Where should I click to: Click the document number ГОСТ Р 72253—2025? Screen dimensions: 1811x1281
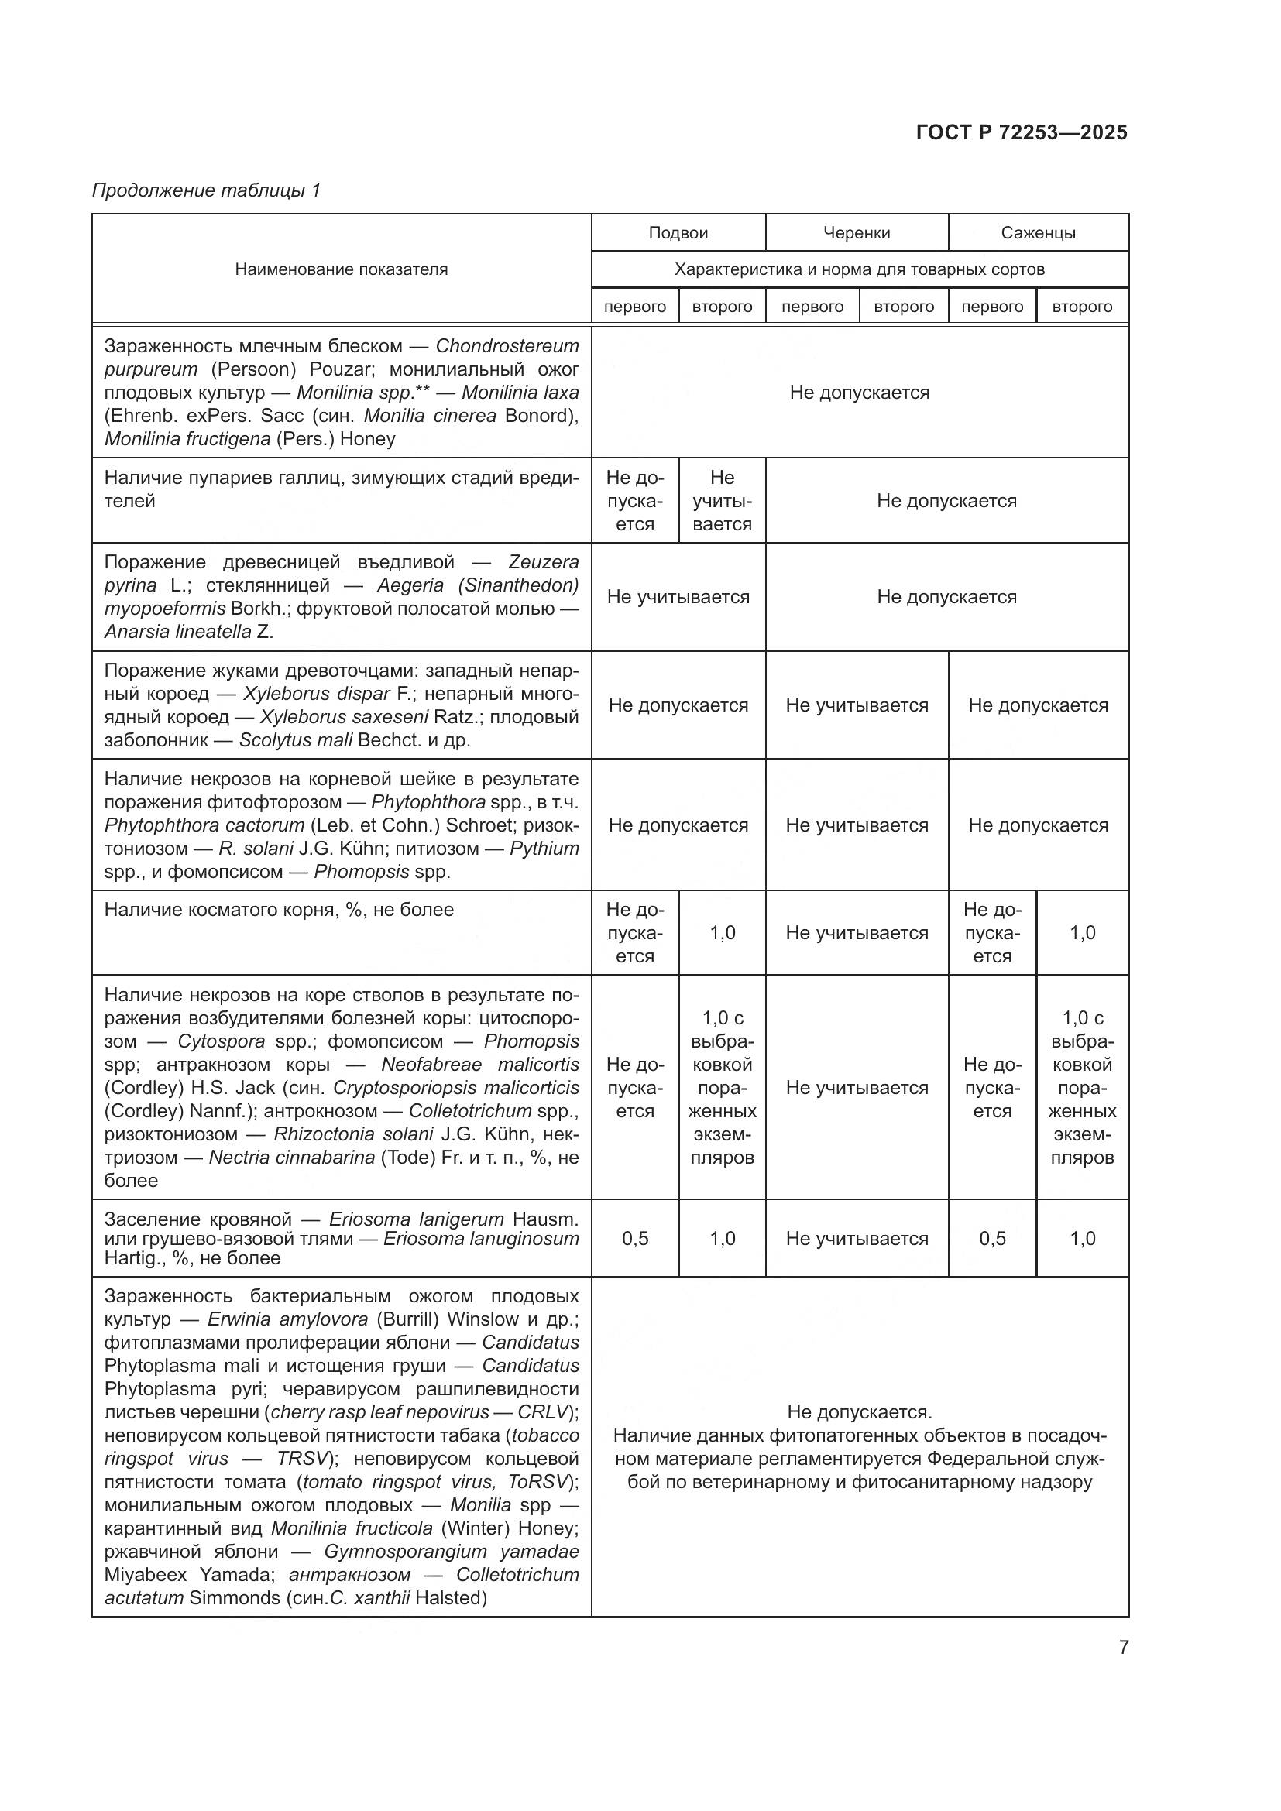point(1022,132)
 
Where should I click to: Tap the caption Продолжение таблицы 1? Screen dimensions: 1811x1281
point(207,190)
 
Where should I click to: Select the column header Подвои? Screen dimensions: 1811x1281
point(678,233)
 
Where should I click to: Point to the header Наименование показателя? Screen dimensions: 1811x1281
point(341,269)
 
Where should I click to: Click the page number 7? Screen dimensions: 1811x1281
point(1123,1647)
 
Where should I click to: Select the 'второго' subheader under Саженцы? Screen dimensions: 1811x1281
point(1081,307)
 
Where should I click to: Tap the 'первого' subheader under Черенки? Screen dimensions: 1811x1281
point(812,307)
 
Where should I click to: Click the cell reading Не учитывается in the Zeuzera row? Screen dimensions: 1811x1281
point(678,596)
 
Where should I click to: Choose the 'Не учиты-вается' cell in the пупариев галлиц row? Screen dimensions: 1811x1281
point(722,500)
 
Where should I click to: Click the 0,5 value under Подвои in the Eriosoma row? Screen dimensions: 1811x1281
point(634,1238)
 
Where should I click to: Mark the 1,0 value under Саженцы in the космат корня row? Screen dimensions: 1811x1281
point(1081,932)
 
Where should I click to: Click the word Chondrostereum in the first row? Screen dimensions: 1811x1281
point(507,345)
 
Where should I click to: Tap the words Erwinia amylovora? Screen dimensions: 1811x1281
point(287,1319)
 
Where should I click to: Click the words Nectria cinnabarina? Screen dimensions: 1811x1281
point(291,1157)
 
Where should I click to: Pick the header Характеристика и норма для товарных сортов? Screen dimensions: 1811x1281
point(859,269)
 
